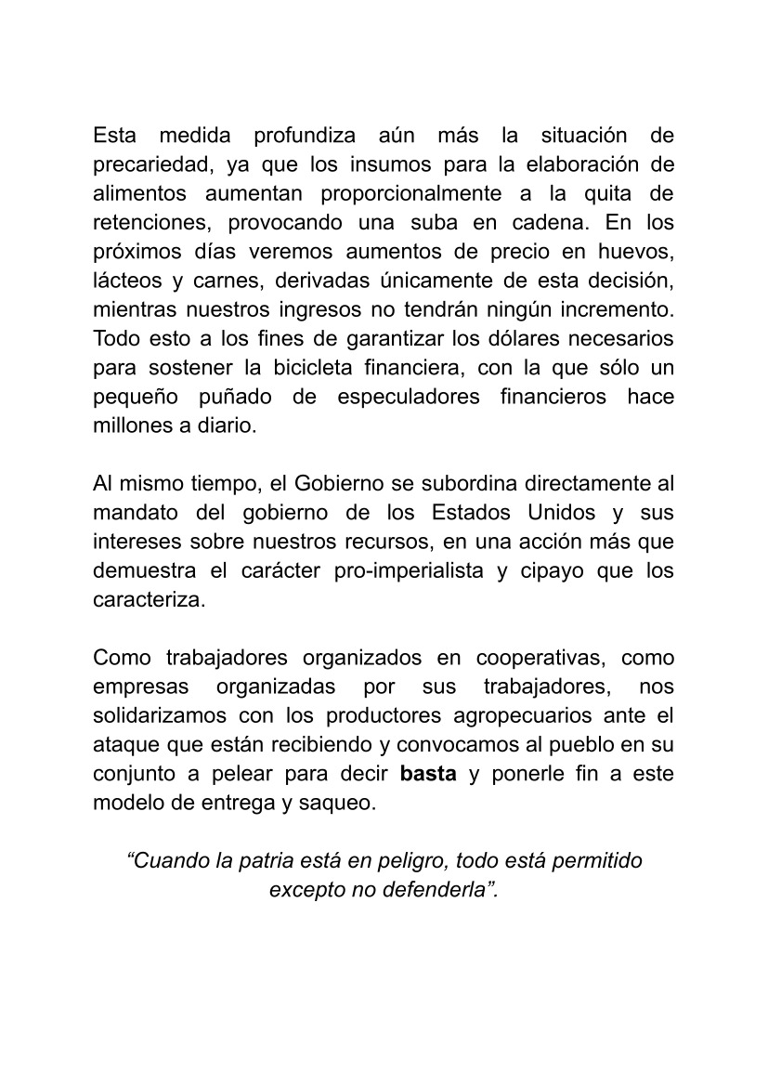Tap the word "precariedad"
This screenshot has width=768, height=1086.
coord(146,165)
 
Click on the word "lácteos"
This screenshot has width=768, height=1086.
coord(127,281)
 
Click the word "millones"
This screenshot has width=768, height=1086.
coord(131,425)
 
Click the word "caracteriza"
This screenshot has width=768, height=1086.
coord(147,599)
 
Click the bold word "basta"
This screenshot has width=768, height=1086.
coord(427,774)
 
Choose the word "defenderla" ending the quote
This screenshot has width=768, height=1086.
coord(438,889)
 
